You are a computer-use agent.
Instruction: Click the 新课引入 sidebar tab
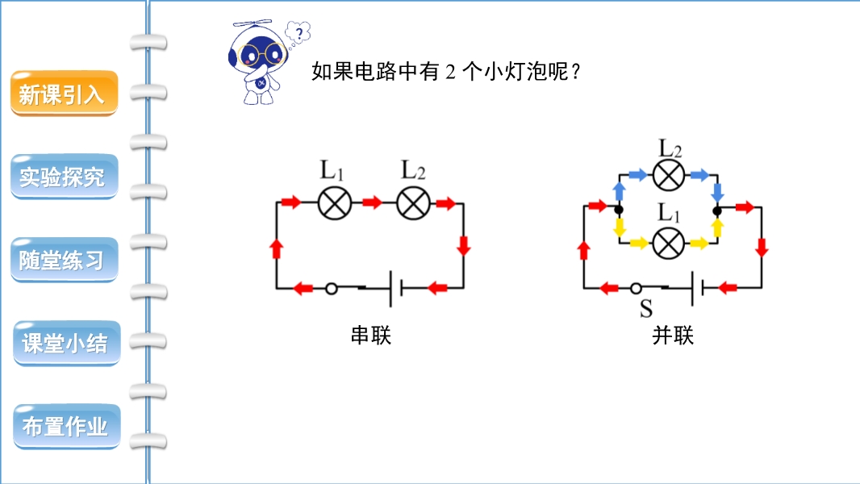click(63, 94)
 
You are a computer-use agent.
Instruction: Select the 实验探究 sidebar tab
click(63, 177)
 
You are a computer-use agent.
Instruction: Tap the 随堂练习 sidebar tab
click(63, 261)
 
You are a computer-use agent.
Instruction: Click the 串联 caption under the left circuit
click(370, 336)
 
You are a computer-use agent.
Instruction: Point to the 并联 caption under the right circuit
click(673, 336)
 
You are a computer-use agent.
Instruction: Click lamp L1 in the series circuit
click(334, 202)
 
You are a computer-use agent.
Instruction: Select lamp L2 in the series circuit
click(414, 202)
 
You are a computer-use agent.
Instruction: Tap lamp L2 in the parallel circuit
click(668, 174)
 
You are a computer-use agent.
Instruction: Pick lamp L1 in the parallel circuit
click(668, 242)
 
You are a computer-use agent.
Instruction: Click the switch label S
click(645, 309)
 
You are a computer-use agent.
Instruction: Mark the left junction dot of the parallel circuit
click(619, 211)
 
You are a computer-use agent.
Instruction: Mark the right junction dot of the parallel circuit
click(717, 211)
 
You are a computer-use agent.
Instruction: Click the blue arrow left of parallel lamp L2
click(637, 174)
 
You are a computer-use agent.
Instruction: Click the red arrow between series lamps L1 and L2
click(372, 202)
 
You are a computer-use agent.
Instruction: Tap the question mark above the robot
click(300, 33)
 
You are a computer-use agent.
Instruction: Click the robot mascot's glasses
click(261, 55)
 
